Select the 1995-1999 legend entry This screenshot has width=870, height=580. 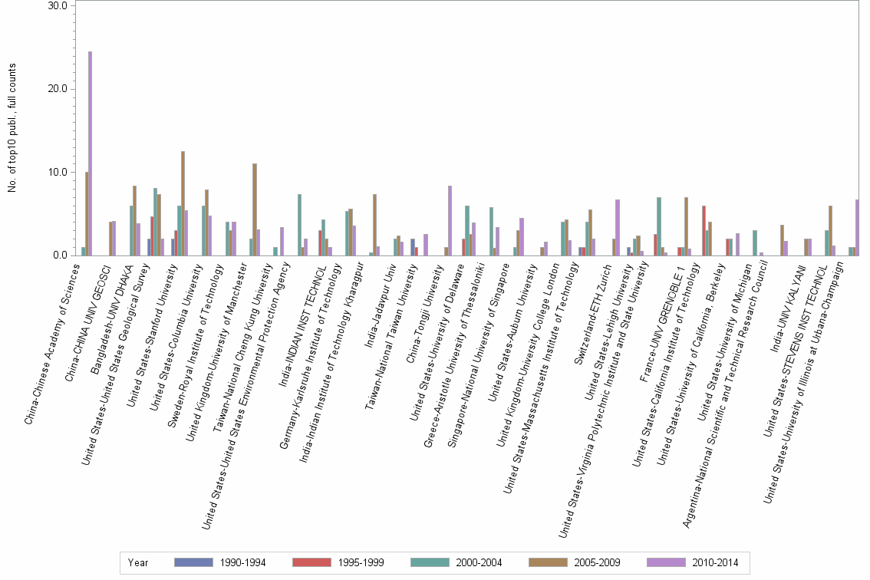[x=338, y=562]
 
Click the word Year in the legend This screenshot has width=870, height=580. [x=138, y=562]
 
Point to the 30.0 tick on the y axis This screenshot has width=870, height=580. [x=59, y=5]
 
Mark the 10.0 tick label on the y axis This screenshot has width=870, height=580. [x=59, y=172]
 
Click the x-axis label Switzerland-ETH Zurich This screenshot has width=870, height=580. [x=595, y=307]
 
